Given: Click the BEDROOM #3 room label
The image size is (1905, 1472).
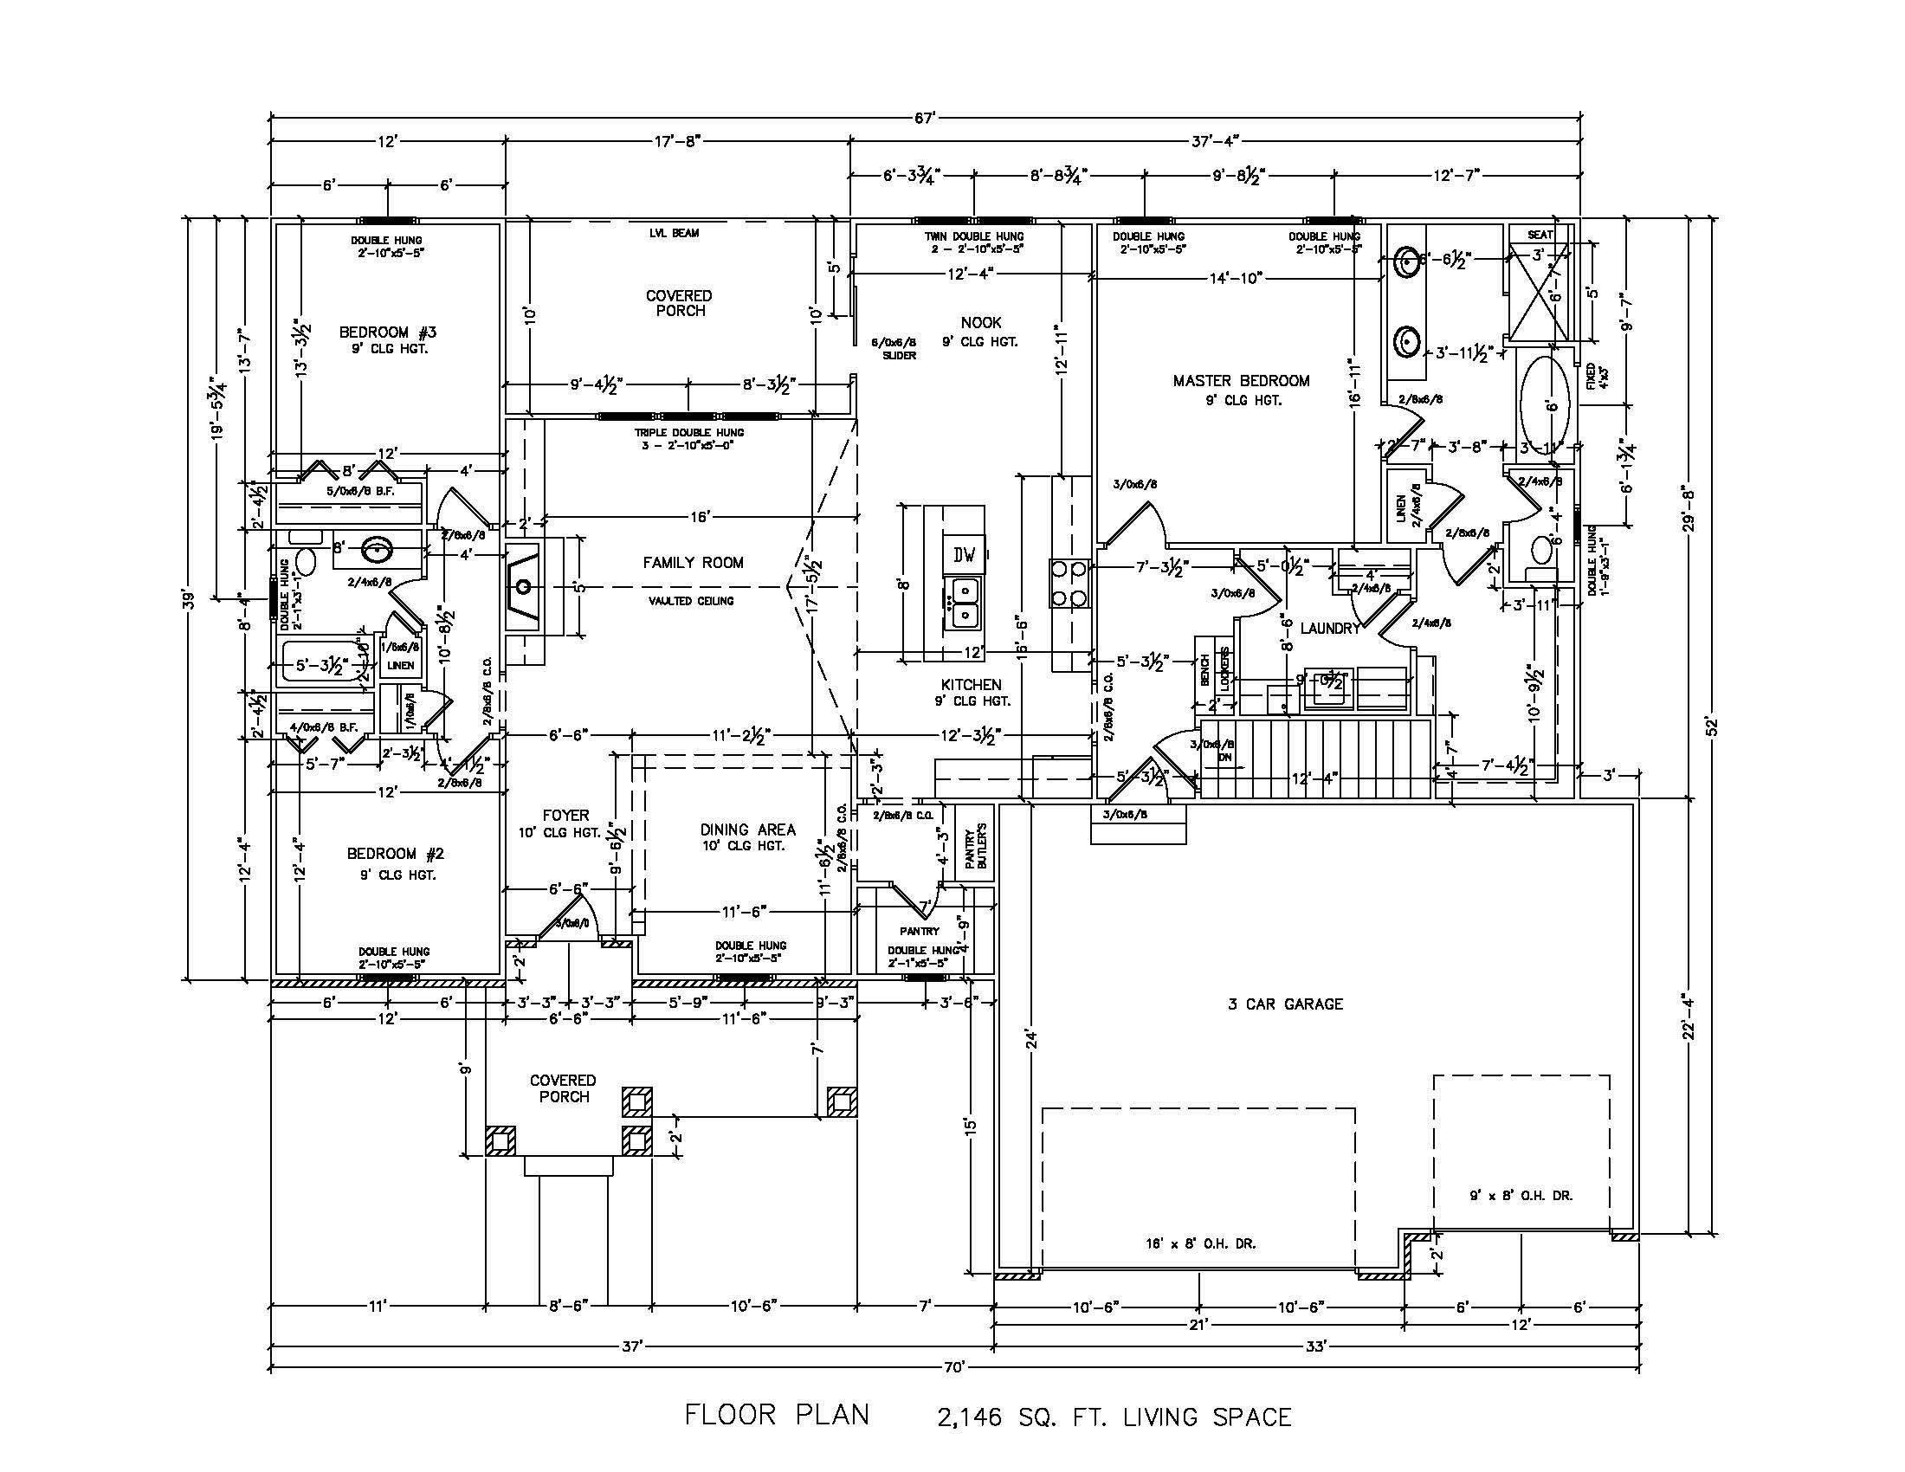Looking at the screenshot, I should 387,332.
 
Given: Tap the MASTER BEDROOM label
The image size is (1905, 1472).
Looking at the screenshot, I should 1240,381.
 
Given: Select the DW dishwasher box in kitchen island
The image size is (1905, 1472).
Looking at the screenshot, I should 964,554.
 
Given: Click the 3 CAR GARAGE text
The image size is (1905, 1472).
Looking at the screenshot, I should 1285,1004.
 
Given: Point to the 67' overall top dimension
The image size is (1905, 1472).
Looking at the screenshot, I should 927,116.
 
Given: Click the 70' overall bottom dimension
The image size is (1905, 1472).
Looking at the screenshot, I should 954,1367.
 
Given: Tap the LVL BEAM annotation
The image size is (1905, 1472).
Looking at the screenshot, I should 674,233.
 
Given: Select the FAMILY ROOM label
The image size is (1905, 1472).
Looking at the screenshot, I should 694,564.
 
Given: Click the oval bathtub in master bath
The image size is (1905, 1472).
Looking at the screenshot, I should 1547,406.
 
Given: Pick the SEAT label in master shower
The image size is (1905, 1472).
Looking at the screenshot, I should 1540,235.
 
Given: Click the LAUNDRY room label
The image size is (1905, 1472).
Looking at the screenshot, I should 1329,628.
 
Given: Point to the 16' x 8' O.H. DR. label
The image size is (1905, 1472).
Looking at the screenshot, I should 1201,1244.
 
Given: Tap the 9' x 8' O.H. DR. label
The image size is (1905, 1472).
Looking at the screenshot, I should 1521,1196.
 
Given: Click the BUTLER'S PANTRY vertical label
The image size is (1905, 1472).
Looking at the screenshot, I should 976,846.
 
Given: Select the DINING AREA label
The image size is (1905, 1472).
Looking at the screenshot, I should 747,830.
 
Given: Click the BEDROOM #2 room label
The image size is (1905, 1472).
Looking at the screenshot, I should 396,854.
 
